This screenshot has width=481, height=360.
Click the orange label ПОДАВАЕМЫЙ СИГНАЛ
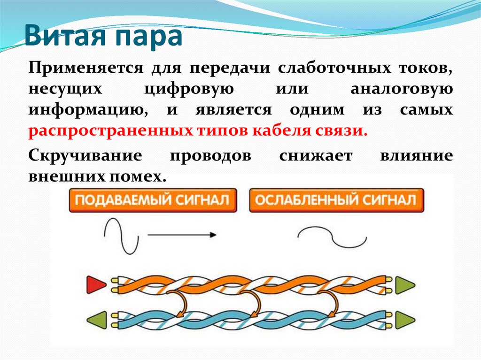(x=152, y=200)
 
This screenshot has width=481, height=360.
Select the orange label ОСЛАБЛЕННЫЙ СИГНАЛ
(x=335, y=200)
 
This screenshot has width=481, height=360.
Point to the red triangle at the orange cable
(x=96, y=284)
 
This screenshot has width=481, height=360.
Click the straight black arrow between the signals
(x=182, y=234)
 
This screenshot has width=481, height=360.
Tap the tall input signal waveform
(x=122, y=236)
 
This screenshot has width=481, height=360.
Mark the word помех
(x=143, y=177)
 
